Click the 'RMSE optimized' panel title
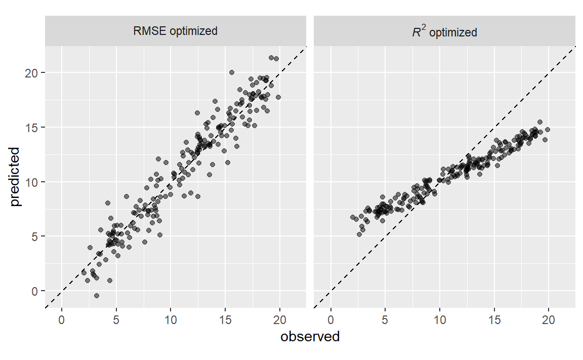[x=175, y=31]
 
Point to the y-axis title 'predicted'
[x=15, y=177]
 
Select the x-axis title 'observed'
[x=310, y=337]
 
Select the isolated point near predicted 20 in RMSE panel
[x=232, y=72]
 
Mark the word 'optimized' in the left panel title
[x=194, y=31]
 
